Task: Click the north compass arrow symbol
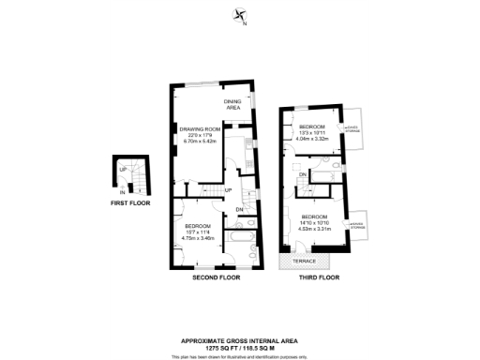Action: point(240,15)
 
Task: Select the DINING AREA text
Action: point(232,105)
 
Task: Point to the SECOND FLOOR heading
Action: point(216,278)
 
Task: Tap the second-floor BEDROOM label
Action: point(198,226)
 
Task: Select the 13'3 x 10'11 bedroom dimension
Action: point(312,133)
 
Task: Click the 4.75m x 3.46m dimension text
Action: point(198,238)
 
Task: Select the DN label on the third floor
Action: point(303,174)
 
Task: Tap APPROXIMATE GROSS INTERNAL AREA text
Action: point(240,340)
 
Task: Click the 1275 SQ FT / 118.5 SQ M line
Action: point(240,347)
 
